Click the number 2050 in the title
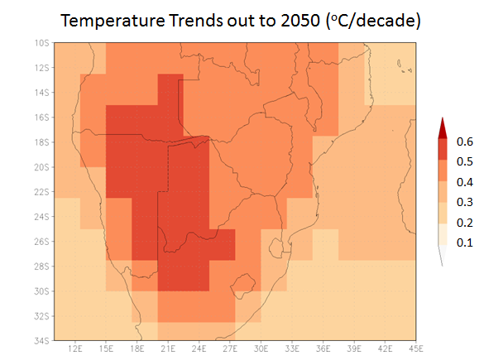300,21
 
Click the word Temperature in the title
113,22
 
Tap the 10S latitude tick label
41,43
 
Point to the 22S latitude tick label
41,192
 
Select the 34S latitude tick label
41,341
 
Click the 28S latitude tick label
41,266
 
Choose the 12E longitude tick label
75,349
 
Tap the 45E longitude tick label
416,349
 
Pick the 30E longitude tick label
261,349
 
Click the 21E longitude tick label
168,349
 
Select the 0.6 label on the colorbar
464,142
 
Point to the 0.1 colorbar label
464,242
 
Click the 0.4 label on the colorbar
464,182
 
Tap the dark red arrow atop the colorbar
443,128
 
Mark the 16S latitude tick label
41,118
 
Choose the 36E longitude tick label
323,349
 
